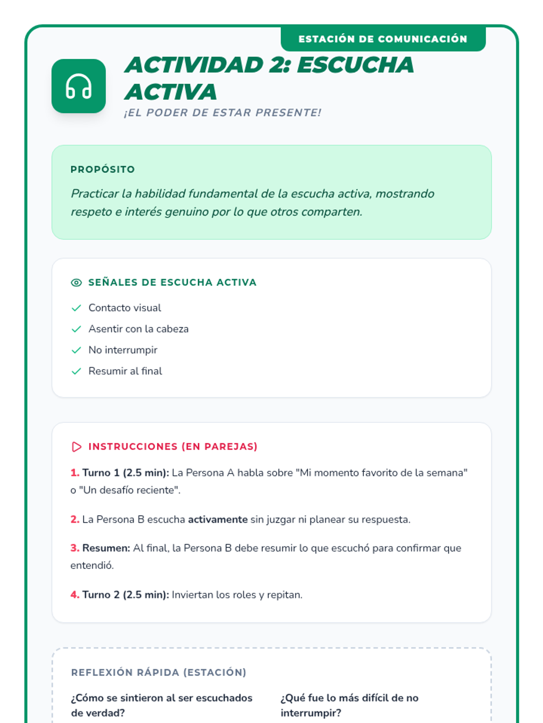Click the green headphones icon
pos(79,86)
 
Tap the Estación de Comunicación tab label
pos(383,39)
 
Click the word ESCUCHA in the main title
pos(355,65)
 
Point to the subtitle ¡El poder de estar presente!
pos(223,113)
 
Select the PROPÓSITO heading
pos(103,169)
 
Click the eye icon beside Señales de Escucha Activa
pos(76,283)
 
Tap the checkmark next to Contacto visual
pos(76,308)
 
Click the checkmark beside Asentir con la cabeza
pos(76,329)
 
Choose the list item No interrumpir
pos(123,350)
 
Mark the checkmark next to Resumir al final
pos(76,371)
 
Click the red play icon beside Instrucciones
pos(76,447)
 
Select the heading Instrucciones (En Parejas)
pos(173,447)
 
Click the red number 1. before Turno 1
pos(75,473)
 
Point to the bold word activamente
pos(218,520)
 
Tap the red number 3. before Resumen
pos(75,548)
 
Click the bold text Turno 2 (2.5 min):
pos(125,595)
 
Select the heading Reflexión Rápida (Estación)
pos(158,672)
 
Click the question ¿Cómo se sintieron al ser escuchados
pos(162,698)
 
